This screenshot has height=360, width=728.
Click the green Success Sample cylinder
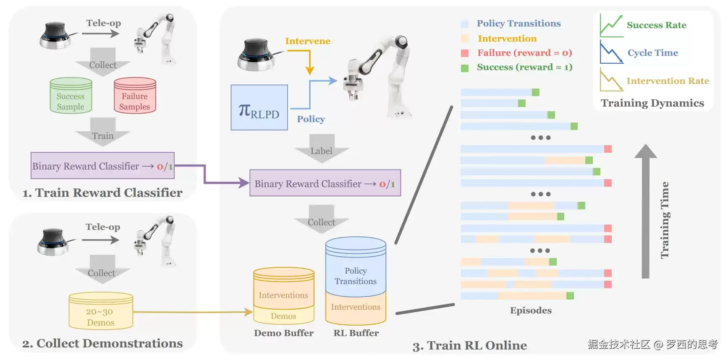pyautogui.click(x=71, y=96)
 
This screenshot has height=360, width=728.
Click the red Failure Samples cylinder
pyautogui.click(x=135, y=96)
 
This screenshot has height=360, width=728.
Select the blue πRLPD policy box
pyautogui.click(x=259, y=107)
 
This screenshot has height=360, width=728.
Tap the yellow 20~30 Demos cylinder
pyautogui.click(x=101, y=311)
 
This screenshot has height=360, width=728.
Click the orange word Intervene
pyautogui.click(x=308, y=41)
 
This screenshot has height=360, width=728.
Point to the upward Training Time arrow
pyautogui.click(x=646, y=211)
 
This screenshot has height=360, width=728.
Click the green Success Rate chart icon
pyautogui.click(x=611, y=25)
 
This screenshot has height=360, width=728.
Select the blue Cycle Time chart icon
pyautogui.click(x=612, y=52)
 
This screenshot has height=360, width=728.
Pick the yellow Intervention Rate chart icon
pyautogui.click(x=612, y=80)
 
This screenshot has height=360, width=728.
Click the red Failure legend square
pyautogui.click(x=465, y=53)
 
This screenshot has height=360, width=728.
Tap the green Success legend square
pyautogui.click(x=465, y=68)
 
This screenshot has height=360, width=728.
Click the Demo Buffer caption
pyautogui.click(x=284, y=333)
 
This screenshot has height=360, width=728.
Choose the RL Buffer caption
pyautogui.click(x=356, y=333)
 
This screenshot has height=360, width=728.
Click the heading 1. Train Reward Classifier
pyautogui.click(x=102, y=193)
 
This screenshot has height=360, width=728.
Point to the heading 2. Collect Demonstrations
pyautogui.click(x=102, y=343)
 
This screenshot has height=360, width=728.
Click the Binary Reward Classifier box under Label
pyautogui.click(x=325, y=183)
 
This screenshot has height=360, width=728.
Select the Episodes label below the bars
pyautogui.click(x=531, y=310)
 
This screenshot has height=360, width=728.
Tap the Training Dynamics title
pyautogui.click(x=652, y=103)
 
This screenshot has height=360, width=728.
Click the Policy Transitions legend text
pyautogui.click(x=519, y=23)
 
